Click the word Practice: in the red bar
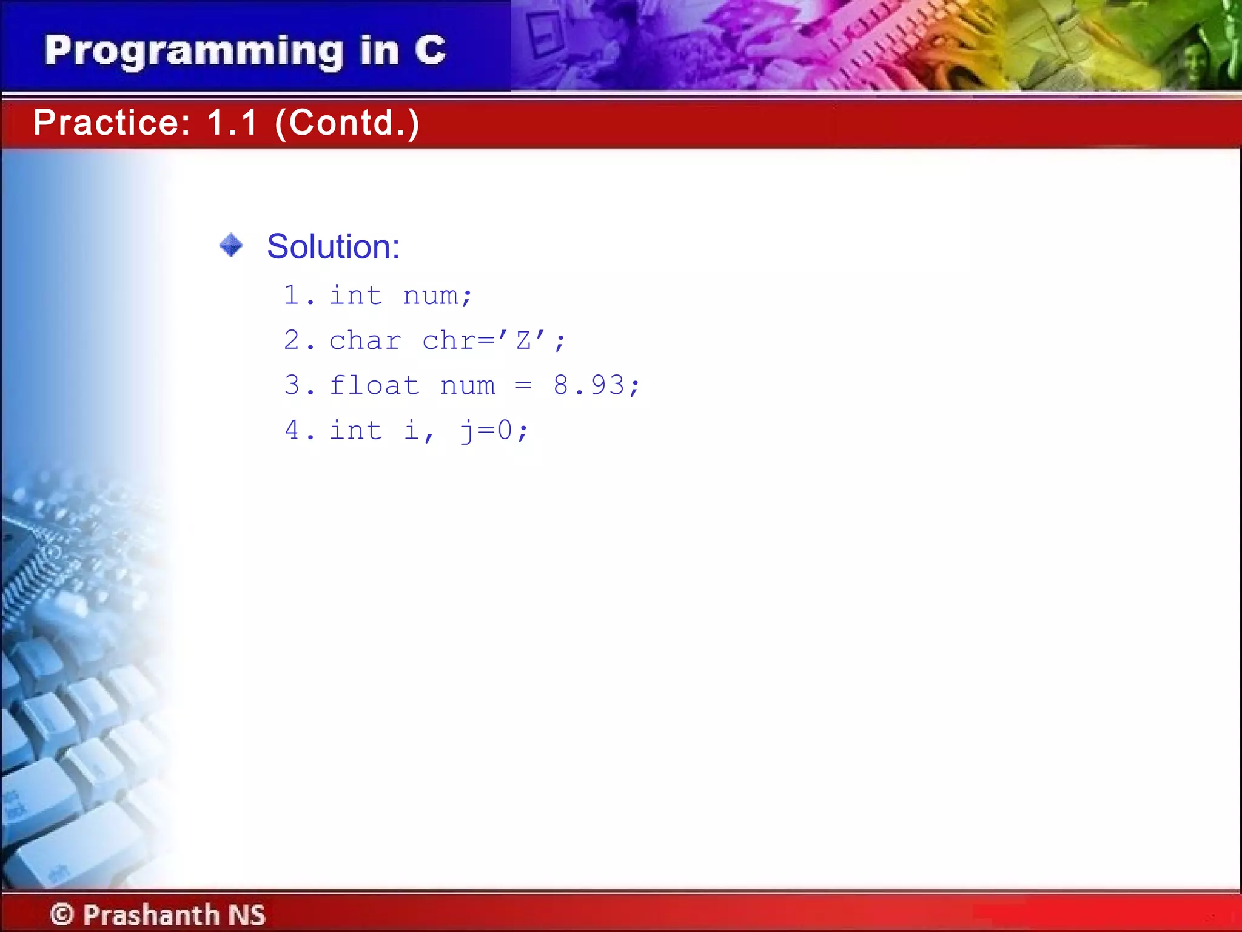click(112, 123)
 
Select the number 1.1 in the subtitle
click(232, 123)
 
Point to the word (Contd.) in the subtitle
click(347, 123)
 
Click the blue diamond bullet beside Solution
click(231, 246)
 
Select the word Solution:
click(334, 247)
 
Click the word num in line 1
click(431, 296)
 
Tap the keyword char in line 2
click(365, 341)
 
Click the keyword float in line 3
click(374, 386)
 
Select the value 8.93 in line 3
click(589, 386)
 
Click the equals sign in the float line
click(523, 386)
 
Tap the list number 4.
click(292, 431)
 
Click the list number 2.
click(292, 341)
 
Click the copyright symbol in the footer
click(62, 914)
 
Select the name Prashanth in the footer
click(151, 914)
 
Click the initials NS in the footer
click(247, 914)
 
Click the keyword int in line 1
click(356, 296)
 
